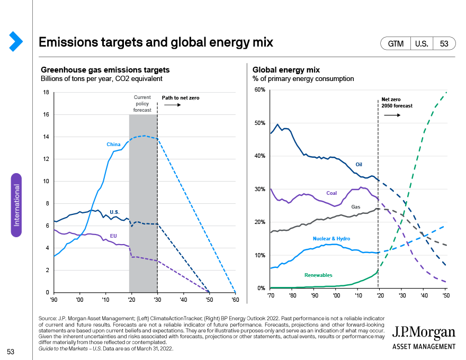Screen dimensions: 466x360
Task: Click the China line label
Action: point(113,145)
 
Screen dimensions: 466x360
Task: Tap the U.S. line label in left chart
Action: point(114,212)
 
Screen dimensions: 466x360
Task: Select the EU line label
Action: point(113,236)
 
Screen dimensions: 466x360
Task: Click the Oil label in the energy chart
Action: point(359,165)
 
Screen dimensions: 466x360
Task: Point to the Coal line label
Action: point(331,193)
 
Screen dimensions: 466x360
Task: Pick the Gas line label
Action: point(356,206)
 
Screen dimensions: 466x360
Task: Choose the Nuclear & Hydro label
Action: point(331,239)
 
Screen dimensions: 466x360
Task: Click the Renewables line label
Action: point(318,275)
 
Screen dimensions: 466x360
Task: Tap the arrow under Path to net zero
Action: point(173,105)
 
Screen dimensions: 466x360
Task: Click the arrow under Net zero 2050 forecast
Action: point(392,115)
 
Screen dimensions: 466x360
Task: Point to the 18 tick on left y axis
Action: point(46,92)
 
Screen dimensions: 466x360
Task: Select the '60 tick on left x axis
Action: point(235,300)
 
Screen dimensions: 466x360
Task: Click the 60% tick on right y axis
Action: point(260,89)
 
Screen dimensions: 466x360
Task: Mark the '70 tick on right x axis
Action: point(271,295)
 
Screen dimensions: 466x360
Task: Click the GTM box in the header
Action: point(396,43)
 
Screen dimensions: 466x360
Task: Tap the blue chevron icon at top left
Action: point(16,41)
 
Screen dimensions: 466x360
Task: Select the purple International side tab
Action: point(16,205)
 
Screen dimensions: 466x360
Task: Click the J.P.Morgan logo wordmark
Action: point(424,332)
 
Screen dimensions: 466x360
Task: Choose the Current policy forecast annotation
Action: point(142,104)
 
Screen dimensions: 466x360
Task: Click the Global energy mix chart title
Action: point(286,70)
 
